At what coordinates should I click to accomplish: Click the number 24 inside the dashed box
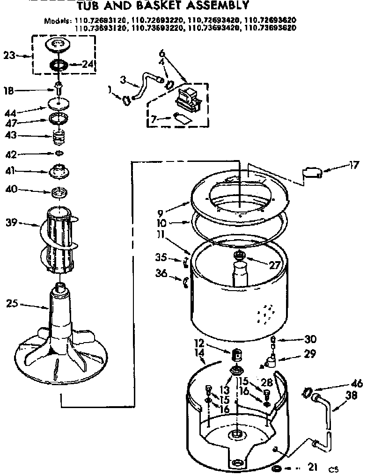point(88,65)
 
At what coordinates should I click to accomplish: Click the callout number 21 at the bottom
point(312,466)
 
